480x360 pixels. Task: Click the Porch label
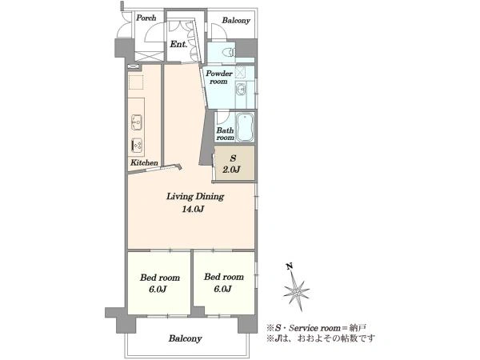[x=146, y=18]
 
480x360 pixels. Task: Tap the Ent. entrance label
[x=178, y=44]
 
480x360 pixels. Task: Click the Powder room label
[x=219, y=77]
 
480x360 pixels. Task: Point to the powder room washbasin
[x=242, y=90]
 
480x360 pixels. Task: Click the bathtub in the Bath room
[x=245, y=127]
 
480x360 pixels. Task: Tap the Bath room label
[x=226, y=134]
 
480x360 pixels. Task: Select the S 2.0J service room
[x=234, y=162]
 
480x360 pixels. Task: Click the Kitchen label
[x=144, y=162]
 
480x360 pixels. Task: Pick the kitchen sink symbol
[x=137, y=122]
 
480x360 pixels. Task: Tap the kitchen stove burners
[x=137, y=145]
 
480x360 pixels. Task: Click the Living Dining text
[x=195, y=197]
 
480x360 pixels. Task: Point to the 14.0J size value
[x=193, y=210]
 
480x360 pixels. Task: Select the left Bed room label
[x=160, y=278]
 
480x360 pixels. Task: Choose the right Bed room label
[x=224, y=277]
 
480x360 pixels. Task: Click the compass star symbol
[x=296, y=291]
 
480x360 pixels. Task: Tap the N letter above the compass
[x=289, y=266]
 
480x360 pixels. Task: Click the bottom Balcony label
[x=185, y=338]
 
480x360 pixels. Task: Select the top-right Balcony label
[x=236, y=21]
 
